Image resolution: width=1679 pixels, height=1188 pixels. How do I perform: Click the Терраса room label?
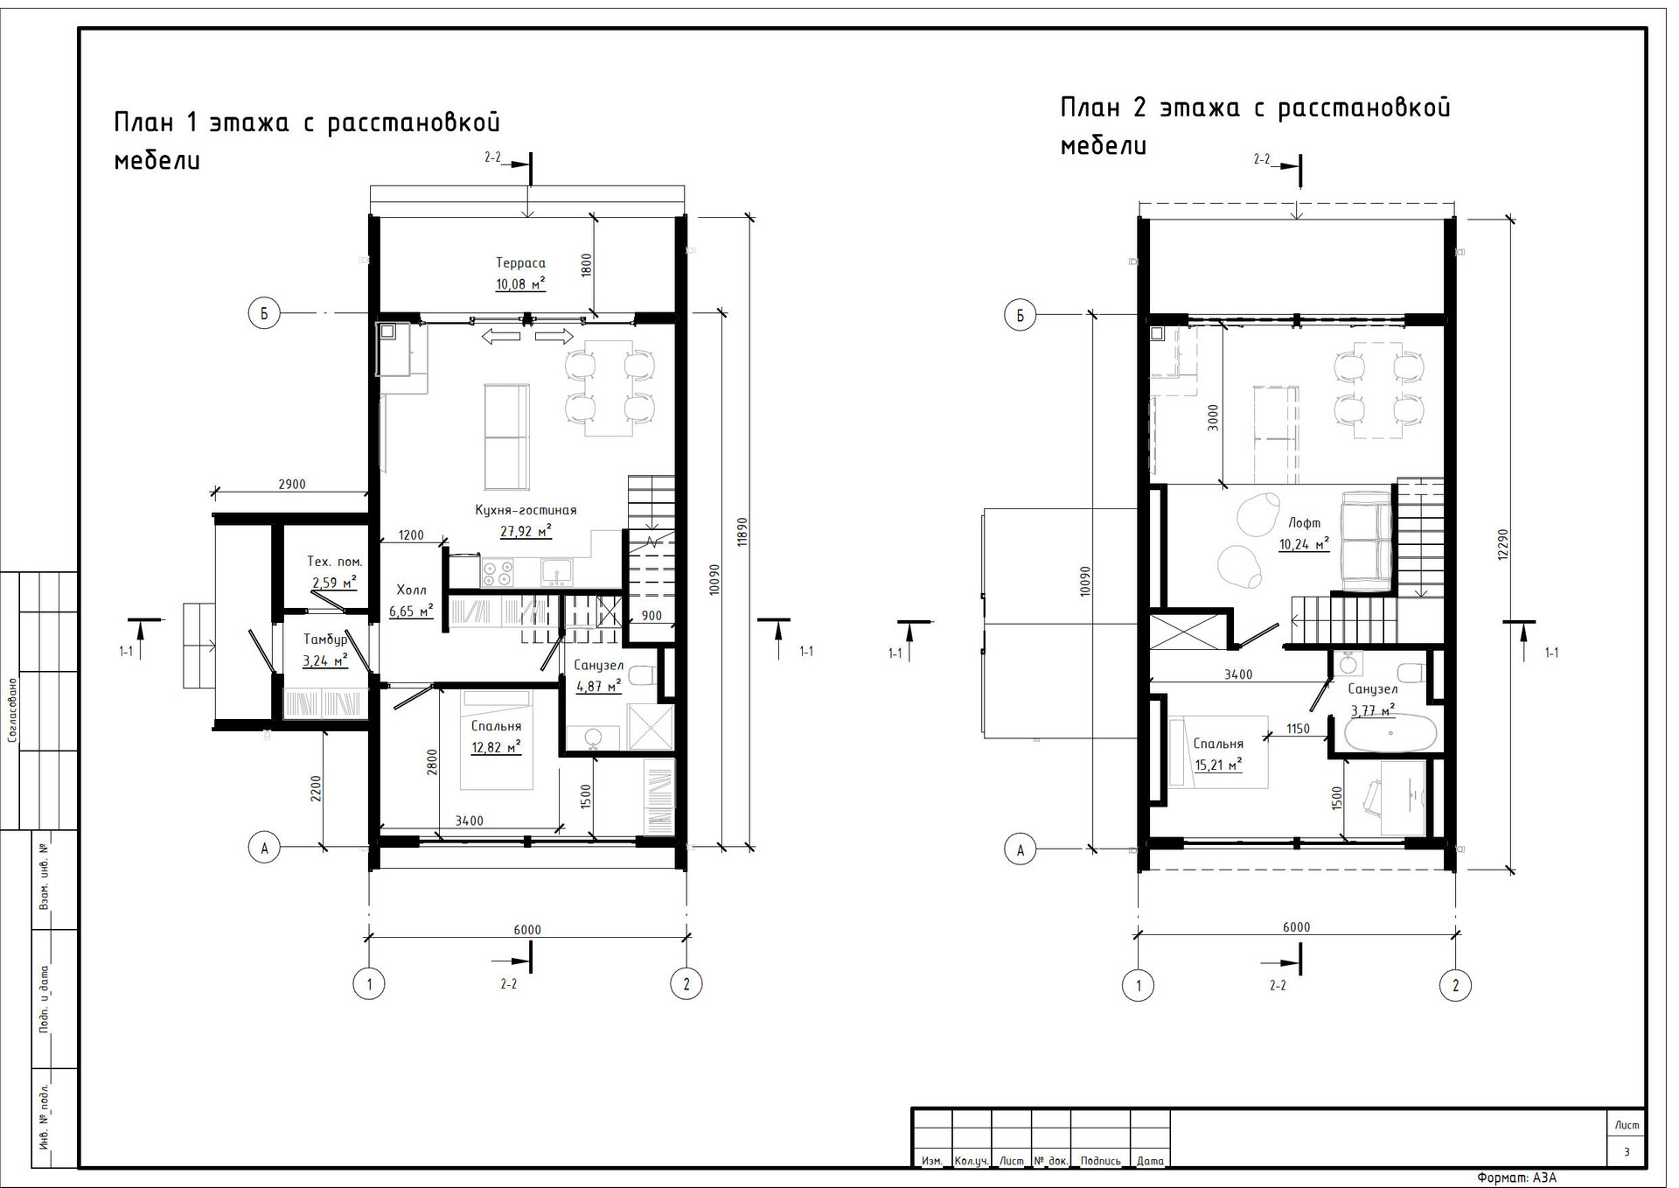(520, 262)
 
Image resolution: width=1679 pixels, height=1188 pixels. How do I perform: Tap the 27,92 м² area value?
(526, 531)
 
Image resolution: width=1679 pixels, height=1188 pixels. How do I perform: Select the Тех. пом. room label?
(334, 562)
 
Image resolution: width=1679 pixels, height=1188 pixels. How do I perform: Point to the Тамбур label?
(324, 639)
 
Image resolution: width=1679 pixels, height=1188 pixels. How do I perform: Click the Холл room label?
(411, 590)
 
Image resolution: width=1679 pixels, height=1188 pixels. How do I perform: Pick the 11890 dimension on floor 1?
(742, 532)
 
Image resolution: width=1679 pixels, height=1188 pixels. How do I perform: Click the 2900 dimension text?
(292, 485)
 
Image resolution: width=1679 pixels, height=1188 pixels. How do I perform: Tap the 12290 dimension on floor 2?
(1503, 544)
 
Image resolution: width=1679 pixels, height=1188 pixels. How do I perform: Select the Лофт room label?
(1304, 522)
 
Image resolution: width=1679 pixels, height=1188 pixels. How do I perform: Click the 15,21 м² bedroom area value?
(1218, 765)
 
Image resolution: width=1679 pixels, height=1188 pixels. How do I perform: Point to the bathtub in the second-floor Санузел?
(1390, 733)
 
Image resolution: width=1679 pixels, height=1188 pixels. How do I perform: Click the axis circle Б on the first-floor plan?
(264, 313)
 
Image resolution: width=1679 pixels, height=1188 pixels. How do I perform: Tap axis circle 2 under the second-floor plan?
(1455, 986)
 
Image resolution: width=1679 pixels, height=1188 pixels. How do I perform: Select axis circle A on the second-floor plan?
(1020, 849)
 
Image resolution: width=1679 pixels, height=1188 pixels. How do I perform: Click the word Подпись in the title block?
(1100, 1161)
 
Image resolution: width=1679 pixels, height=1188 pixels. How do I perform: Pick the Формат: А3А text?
(1517, 1178)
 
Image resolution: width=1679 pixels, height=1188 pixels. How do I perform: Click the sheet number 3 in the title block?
(1627, 1152)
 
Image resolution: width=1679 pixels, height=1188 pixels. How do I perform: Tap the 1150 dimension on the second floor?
(1298, 729)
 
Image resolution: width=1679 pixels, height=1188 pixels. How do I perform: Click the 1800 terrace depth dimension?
(587, 265)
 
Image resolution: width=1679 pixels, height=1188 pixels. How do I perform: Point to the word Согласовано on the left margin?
(12, 709)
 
